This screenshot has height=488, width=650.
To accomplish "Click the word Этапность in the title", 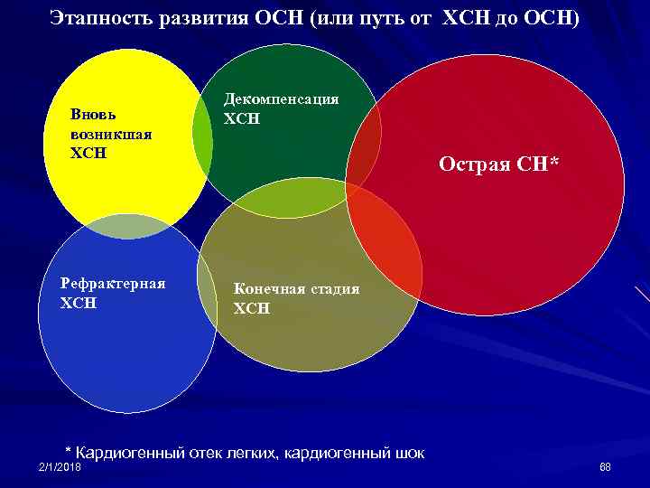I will pos(94,18).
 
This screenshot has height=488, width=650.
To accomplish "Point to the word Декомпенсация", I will pos(282,99).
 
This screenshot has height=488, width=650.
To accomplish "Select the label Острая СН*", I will pos(498,164).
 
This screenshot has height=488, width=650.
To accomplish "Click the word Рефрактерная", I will pos(113,284).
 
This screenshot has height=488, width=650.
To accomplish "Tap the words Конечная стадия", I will pos(296,288).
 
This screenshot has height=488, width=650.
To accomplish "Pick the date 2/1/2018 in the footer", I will pos(60,466).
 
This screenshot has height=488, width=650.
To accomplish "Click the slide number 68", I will pos(605,466).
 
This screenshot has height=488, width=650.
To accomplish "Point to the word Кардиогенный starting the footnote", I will pos(130,452).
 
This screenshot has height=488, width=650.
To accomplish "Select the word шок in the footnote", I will pos(408,452).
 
